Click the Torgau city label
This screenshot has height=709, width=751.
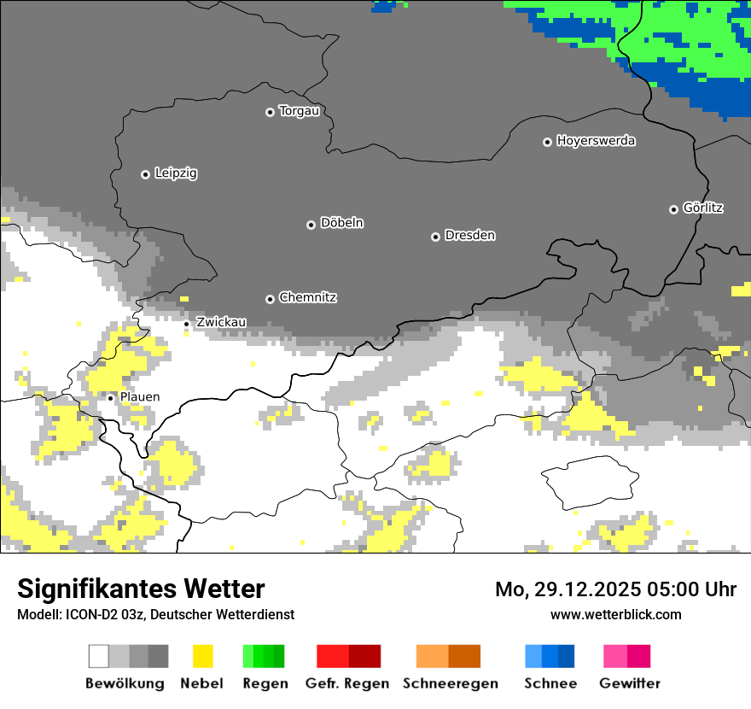[x=299, y=111]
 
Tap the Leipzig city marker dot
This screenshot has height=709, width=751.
[x=145, y=174]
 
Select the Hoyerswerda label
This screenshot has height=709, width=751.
[x=596, y=141]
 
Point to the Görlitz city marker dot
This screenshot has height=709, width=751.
[x=673, y=209]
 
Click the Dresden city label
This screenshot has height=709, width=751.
[x=469, y=236]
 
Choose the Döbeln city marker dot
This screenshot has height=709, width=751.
[x=311, y=225]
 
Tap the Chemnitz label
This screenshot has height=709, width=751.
[x=307, y=298]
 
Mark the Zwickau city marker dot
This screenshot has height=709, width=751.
[x=187, y=324]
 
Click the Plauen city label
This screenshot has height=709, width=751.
[x=139, y=397]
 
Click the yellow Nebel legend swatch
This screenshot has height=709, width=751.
[x=202, y=656]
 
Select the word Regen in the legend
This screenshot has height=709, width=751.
[x=264, y=683]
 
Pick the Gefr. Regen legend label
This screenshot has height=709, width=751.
[x=347, y=683]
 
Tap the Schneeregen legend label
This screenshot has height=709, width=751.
[x=450, y=683]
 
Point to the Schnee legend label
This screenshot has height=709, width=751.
[x=550, y=683]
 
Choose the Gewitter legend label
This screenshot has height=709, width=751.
[x=630, y=683]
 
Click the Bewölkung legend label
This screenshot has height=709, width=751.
[x=125, y=683]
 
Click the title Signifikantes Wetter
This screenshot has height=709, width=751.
[x=141, y=589]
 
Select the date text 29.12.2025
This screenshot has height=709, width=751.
[x=579, y=589]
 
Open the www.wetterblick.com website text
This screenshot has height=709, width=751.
[x=615, y=614]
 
